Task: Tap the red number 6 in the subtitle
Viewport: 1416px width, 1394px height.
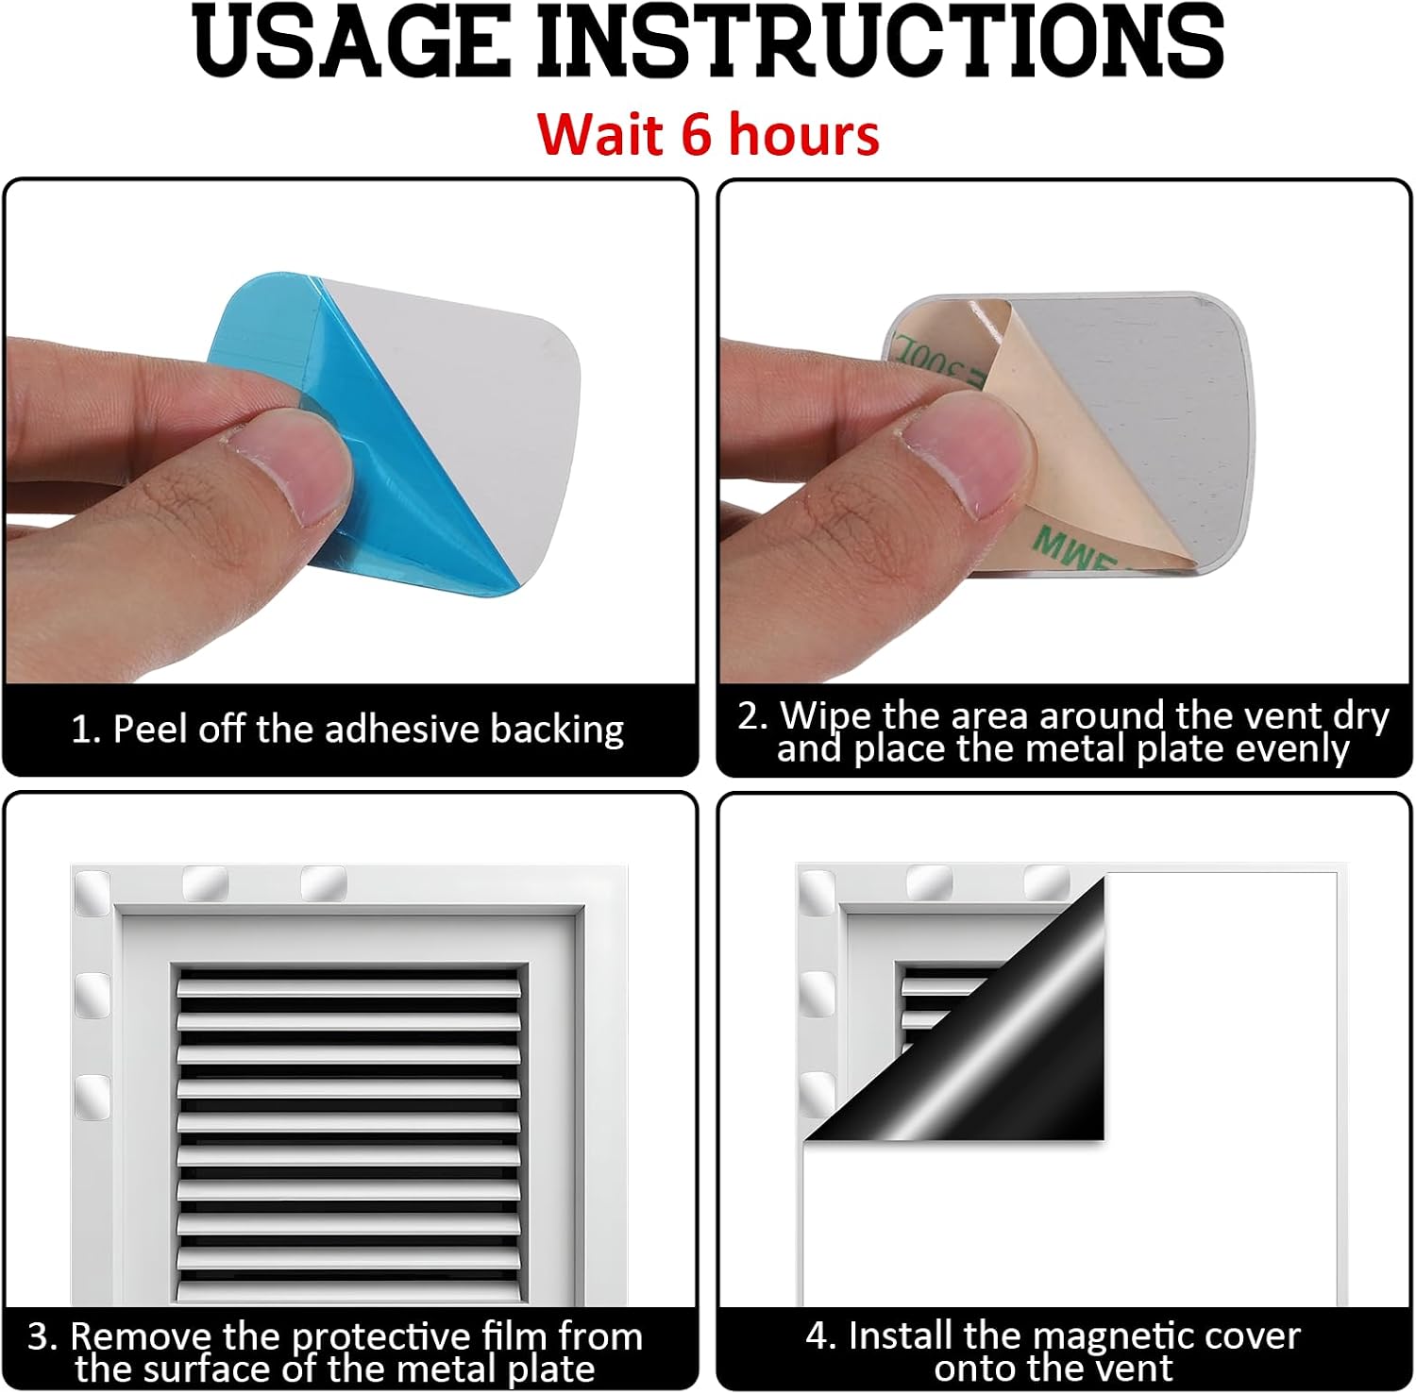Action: tap(696, 134)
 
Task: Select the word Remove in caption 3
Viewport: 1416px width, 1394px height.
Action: tap(143, 1336)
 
